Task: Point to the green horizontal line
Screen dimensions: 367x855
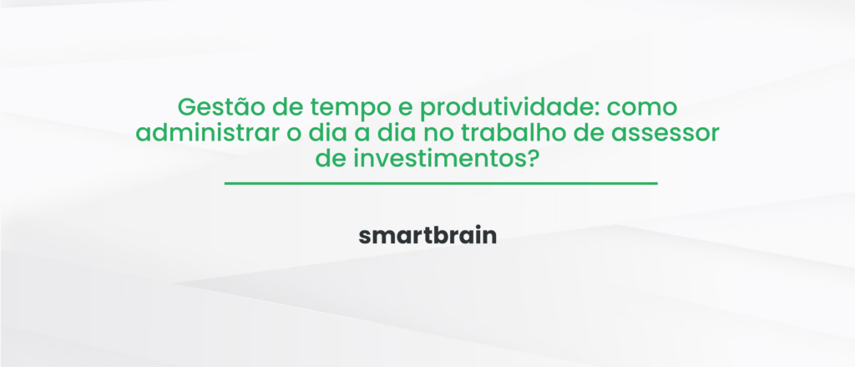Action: click(x=441, y=182)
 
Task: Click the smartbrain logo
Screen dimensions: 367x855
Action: click(x=427, y=236)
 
